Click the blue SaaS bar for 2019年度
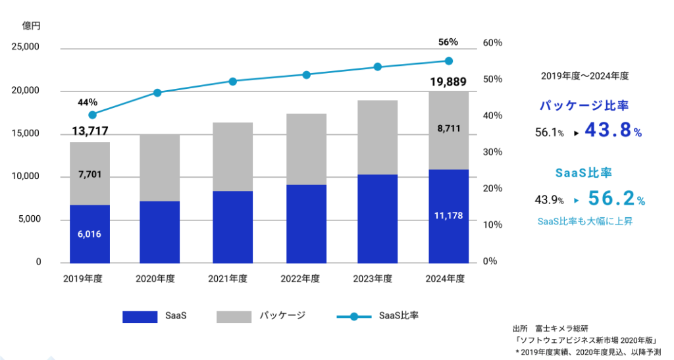pos(90,234)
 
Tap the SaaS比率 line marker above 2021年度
pos(232,82)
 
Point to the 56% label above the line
pos(448,42)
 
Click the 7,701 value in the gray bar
pos(90,174)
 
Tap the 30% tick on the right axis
pos(493,152)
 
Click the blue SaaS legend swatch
pos(140,317)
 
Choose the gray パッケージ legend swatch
pos(234,317)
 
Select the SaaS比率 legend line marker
pos(354,317)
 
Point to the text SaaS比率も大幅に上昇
pos(584,222)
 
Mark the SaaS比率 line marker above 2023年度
pos(377,67)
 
